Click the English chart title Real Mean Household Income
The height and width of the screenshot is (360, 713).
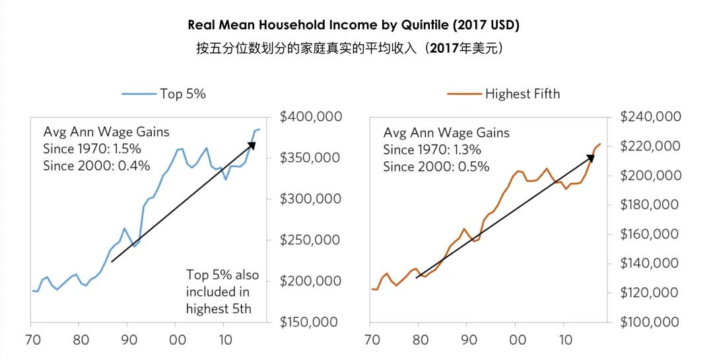click(353, 26)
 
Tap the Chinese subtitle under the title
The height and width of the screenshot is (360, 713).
click(353, 49)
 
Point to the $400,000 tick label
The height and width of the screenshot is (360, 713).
click(311, 117)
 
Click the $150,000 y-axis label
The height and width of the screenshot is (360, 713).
click(311, 322)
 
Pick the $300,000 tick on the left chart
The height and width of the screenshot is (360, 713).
click(311, 199)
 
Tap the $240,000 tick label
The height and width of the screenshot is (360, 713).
click(651, 117)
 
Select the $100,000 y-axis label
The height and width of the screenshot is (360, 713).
click(651, 322)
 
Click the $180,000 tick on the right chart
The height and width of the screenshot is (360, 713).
click(651, 205)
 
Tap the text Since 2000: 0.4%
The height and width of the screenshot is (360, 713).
click(96, 165)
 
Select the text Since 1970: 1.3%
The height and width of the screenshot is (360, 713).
click(432, 150)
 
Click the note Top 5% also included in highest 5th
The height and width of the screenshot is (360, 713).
click(222, 291)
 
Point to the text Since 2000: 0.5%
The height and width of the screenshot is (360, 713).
click(436, 166)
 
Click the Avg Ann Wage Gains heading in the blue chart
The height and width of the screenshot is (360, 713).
click(106, 131)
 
